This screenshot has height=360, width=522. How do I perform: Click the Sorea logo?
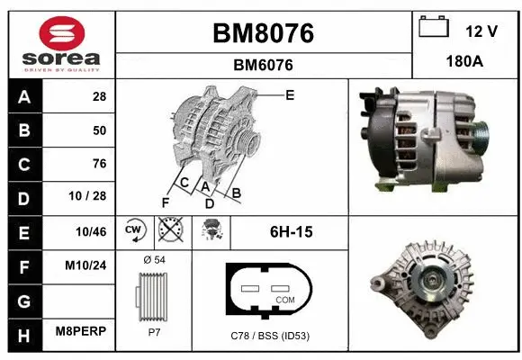(60, 42)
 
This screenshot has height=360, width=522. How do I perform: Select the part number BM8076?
(263, 34)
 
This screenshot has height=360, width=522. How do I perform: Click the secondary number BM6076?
(263, 65)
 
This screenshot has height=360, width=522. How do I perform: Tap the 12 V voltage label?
(481, 31)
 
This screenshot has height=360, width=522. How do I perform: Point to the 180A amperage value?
(465, 63)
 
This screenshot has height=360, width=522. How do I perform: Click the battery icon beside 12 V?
(434, 28)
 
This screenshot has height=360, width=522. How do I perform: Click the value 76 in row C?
(99, 164)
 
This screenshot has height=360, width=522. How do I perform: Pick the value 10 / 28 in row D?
(92, 197)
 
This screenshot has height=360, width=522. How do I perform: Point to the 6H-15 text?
(291, 231)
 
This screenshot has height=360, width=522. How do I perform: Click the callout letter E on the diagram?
(290, 94)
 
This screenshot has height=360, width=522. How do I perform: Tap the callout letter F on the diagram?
(165, 202)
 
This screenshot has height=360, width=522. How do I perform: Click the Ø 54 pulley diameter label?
(154, 260)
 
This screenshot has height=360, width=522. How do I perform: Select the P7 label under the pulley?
(154, 331)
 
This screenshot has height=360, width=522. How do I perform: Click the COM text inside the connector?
(285, 299)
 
